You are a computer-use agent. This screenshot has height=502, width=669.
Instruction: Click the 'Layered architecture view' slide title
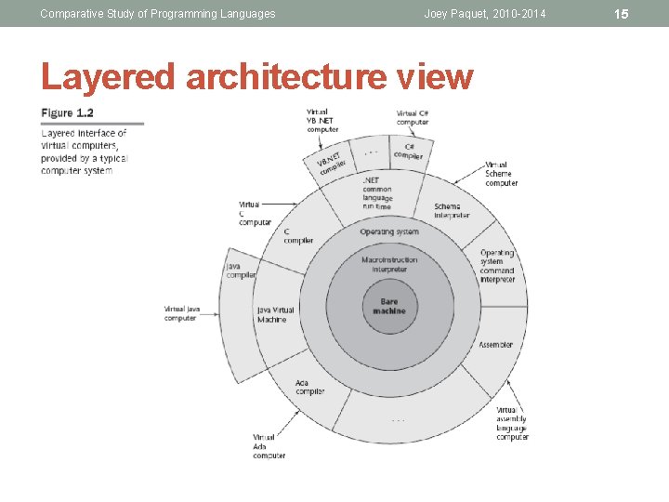coord(257,76)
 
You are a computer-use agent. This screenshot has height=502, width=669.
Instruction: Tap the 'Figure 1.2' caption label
coord(67,113)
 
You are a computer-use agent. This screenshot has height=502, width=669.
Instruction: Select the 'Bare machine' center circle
coord(389,306)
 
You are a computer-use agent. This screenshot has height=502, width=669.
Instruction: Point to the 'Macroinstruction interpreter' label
coord(389,265)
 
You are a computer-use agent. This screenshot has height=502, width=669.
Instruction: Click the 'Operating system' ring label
coord(389,231)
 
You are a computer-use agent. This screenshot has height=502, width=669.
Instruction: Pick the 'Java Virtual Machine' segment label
coord(276,314)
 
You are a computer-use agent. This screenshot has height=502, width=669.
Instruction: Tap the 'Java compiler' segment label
coord(241,270)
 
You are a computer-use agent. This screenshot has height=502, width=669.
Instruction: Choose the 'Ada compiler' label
coord(308,387)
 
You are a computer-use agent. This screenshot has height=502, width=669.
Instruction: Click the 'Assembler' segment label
coord(495,345)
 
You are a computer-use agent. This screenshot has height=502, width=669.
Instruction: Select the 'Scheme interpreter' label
coord(452,211)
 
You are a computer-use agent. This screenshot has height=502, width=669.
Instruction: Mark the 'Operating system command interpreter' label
coord(497,266)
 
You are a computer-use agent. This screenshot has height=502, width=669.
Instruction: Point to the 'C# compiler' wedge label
coord(408,151)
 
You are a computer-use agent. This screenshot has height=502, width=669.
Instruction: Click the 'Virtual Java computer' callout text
coord(181,313)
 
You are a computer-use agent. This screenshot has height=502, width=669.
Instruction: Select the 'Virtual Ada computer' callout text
coord(269,446)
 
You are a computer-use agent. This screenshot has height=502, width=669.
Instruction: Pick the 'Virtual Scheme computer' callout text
coord(501,174)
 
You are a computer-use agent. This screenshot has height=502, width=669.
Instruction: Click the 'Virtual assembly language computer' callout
coord(512,423)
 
